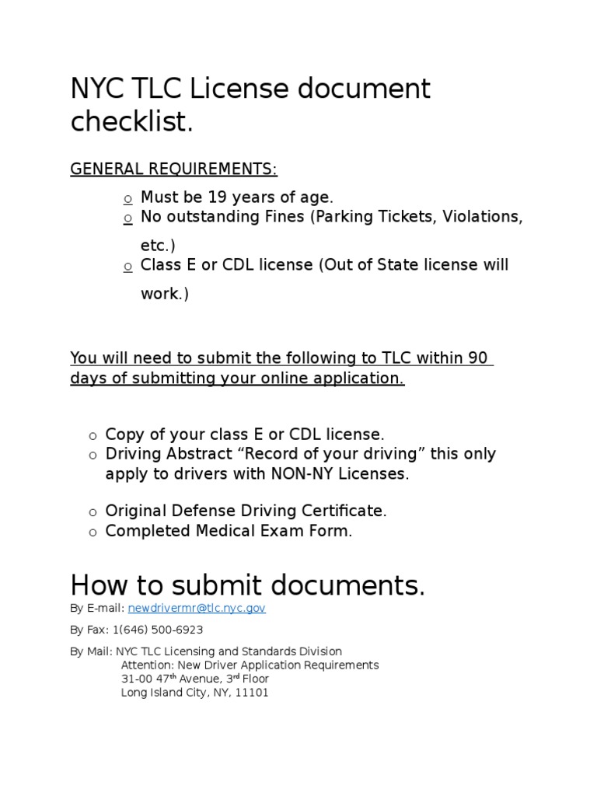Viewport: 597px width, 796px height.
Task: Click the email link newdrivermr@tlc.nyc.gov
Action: pyautogui.click(x=197, y=609)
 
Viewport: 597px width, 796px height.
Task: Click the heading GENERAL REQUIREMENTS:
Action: pyautogui.click(x=173, y=169)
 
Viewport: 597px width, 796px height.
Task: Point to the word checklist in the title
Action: pyautogui.click(x=131, y=121)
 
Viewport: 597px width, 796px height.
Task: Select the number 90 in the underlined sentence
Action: pyautogui.click(x=478, y=358)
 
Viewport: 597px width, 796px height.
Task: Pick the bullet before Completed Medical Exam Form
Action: pyautogui.click(x=92, y=532)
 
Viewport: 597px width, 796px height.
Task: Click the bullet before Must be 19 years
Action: pyautogui.click(x=127, y=199)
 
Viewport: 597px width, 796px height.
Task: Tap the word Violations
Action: pyautogui.click(x=482, y=217)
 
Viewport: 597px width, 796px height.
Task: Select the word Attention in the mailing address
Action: pyautogui.click(x=147, y=665)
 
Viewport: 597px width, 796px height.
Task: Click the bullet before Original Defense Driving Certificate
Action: pyautogui.click(x=92, y=512)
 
